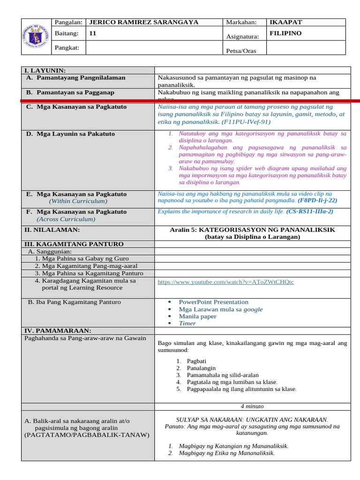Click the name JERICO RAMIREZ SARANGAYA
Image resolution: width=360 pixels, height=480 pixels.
143,22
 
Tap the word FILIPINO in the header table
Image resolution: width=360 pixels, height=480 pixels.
286,33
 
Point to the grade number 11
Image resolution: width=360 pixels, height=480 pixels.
93,33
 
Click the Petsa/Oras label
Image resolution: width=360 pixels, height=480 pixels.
241,51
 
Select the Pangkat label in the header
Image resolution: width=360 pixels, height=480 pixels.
68,47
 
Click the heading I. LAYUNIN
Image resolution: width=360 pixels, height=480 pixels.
45,70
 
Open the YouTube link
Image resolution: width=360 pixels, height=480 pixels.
226,282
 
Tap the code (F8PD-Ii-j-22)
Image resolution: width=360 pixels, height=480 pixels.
317,200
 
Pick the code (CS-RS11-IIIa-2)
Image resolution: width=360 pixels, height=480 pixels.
310,211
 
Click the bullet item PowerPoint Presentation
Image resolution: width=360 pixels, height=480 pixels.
213,302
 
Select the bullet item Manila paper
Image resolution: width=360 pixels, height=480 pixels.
197,316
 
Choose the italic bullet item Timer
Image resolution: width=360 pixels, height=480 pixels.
187,323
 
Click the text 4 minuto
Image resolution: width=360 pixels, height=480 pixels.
252,406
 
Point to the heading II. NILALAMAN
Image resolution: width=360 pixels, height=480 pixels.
52,230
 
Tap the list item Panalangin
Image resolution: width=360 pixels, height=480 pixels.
201,368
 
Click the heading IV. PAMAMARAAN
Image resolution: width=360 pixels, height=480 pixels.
58,330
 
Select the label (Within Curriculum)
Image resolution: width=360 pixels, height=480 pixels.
78,201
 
